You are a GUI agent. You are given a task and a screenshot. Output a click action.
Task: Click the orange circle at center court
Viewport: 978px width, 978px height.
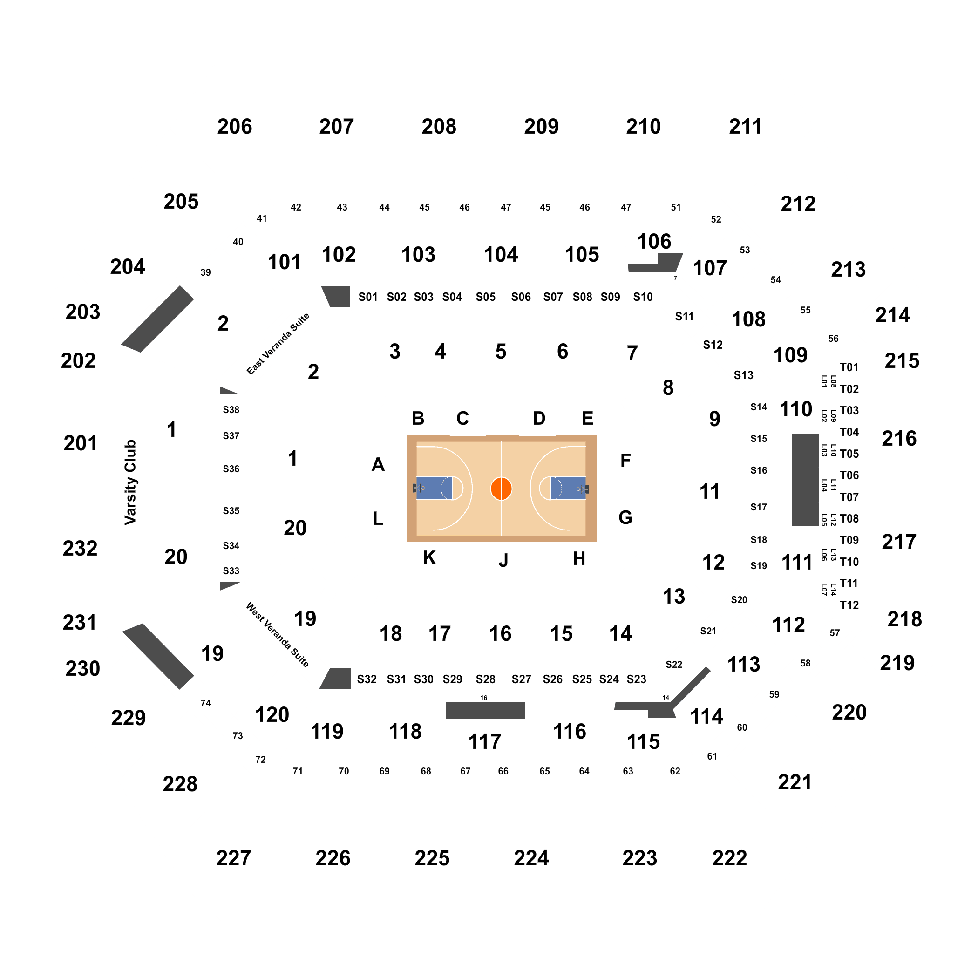pyautogui.click(x=501, y=489)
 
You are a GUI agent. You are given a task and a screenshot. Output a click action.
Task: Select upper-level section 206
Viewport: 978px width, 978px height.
pyautogui.click(x=234, y=127)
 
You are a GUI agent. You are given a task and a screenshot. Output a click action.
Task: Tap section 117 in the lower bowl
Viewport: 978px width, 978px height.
pyautogui.click(x=484, y=741)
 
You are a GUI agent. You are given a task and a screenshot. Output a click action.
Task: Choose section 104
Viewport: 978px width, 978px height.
pyautogui.click(x=501, y=255)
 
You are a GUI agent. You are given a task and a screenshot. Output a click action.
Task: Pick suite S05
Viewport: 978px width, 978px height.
pyautogui.click(x=485, y=297)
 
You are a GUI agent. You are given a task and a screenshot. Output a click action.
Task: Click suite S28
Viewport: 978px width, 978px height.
pyautogui.click(x=485, y=679)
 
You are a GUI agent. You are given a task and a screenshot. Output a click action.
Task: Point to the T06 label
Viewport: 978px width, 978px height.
pyautogui.click(x=849, y=475)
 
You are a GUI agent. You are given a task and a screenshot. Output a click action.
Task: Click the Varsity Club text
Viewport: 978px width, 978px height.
pyautogui.click(x=130, y=482)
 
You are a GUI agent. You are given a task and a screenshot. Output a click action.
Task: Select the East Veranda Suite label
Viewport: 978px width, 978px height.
pyautogui.click(x=278, y=344)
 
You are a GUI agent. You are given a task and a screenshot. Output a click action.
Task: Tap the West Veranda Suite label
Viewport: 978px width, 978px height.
pyautogui.click(x=278, y=635)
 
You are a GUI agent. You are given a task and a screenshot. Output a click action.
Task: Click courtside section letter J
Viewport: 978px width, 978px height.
pyautogui.click(x=503, y=560)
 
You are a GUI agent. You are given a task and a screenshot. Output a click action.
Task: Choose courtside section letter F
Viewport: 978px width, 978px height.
pyautogui.click(x=625, y=461)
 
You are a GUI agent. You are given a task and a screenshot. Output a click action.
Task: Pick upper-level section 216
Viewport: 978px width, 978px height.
pyautogui.click(x=899, y=438)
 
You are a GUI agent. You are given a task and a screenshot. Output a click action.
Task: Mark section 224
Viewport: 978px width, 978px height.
pyautogui.click(x=531, y=858)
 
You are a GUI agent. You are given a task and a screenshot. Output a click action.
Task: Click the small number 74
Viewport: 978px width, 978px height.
pyautogui.click(x=205, y=703)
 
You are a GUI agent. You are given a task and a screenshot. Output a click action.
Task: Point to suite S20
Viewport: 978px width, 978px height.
pyautogui.click(x=739, y=600)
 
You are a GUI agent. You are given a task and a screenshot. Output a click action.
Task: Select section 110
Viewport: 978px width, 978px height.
pyautogui.click(x=796, y=409)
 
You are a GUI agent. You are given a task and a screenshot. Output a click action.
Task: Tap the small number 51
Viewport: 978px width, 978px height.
pyautogui.click(x=676, y=207)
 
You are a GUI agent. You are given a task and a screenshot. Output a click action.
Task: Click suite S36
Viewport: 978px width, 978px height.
pyautogui.click(x=231, y=469)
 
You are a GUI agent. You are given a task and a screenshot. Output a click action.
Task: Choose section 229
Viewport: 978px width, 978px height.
pyautogui.click(x=129, y=718)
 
